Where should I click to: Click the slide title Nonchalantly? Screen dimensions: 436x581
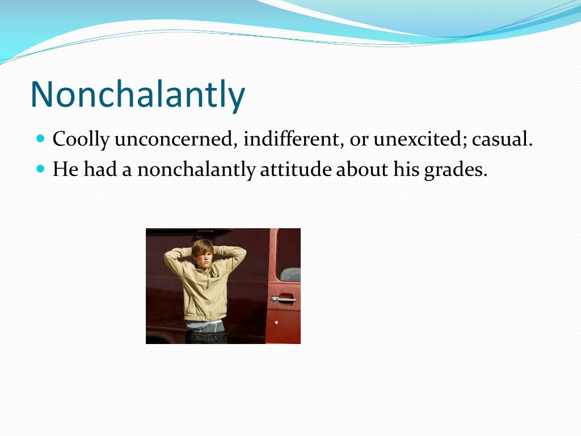pyautogui.click(x=137, y=94)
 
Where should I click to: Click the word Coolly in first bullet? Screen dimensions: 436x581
pyautogui.click(x=80, y=140)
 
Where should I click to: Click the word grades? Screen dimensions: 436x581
pyautogui.click(x=456, y=169)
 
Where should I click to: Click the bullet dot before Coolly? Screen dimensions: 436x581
pyautogui.click(x=40, y=139)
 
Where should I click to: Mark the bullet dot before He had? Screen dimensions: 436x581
pyautogui.click(x=40, y=169)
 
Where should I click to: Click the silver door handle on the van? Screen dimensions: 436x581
pyautogui.click(x=283, y=299)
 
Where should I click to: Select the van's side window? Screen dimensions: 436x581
pyautogui.click(x=290, y=274)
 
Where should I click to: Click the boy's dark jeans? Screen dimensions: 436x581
pyautogui.click(x=207, y=337)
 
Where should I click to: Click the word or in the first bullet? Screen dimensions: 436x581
pyautogui.click(x=359, y=140)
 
